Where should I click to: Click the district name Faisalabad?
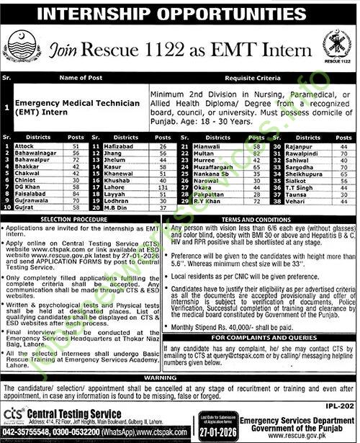click(30, 193)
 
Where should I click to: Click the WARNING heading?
click(178, 377)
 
